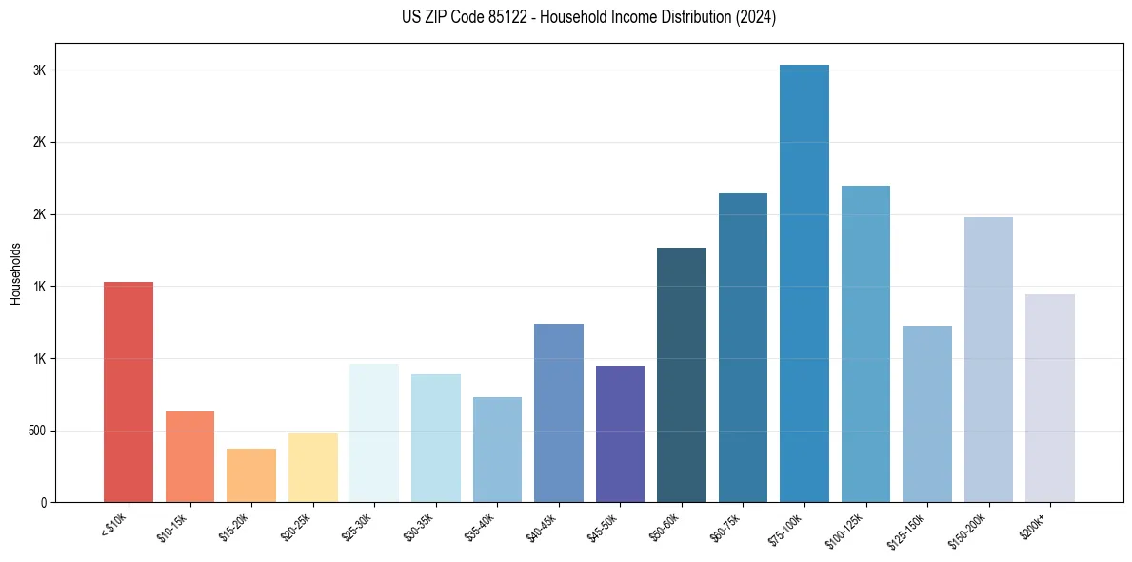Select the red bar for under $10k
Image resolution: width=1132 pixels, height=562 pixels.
pos(128,391)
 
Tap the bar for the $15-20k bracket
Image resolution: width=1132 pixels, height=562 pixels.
pos(251,475)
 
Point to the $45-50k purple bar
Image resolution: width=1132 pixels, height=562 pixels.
pos(620,433)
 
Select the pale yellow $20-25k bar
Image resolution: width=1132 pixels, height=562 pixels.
pos(312,468)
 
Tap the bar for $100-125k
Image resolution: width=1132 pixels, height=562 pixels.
pos(865,344)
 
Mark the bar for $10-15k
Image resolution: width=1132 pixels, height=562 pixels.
pos(189,456)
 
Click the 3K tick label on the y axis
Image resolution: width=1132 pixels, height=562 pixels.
pos(39,70)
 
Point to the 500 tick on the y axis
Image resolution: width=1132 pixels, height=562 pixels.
pos(36,431)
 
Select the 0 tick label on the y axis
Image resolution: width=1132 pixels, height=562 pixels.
pos(44,503)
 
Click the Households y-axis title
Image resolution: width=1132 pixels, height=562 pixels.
pos(15,272)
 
